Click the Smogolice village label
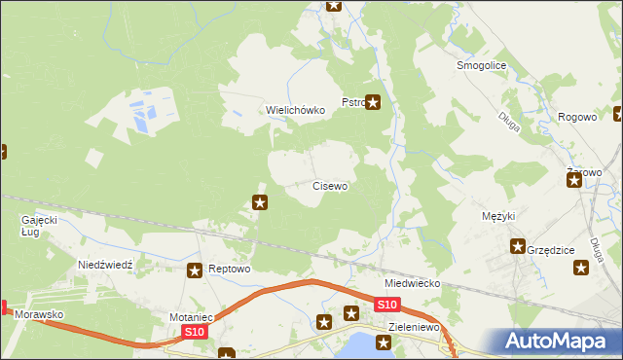477,66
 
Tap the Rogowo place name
577,117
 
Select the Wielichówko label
295,110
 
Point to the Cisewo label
330,185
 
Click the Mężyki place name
498,216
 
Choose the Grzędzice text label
550,249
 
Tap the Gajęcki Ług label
40,226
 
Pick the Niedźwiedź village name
111,265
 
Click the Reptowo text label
231,270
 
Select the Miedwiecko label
413,283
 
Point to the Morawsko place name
40,315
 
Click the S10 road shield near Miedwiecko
385,306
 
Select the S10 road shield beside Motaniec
195,332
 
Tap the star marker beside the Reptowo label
196,270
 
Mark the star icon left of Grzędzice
518,247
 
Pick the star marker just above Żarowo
573,175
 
